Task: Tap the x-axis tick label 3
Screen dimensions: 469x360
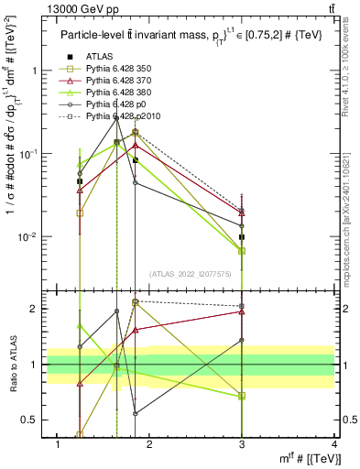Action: coord(242,443)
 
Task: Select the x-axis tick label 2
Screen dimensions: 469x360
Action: coord(150,443)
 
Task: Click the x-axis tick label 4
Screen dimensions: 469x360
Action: coord(334,443)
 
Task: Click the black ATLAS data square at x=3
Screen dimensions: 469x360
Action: coord(242,237)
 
